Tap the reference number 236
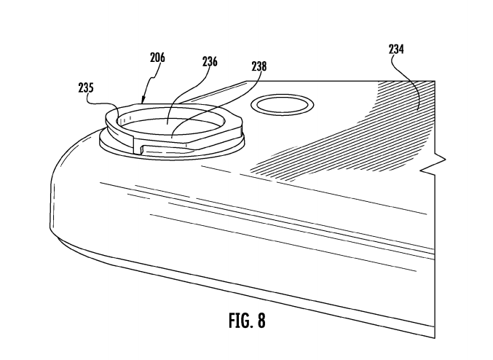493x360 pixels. click(x=210, y=62)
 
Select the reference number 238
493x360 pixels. click(x=258, y=66)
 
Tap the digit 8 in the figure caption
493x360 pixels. click(x=261, y=320)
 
